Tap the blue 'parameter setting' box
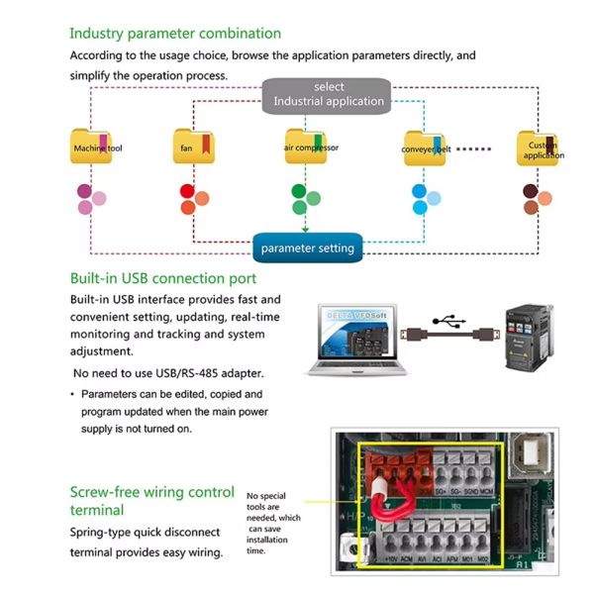click(307, 247)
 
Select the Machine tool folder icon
click(92, 147)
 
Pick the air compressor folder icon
click(305, 147)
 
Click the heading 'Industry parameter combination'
click(175, 34)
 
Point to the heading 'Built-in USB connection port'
click(163, 278)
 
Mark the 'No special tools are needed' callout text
click(274, 523)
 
